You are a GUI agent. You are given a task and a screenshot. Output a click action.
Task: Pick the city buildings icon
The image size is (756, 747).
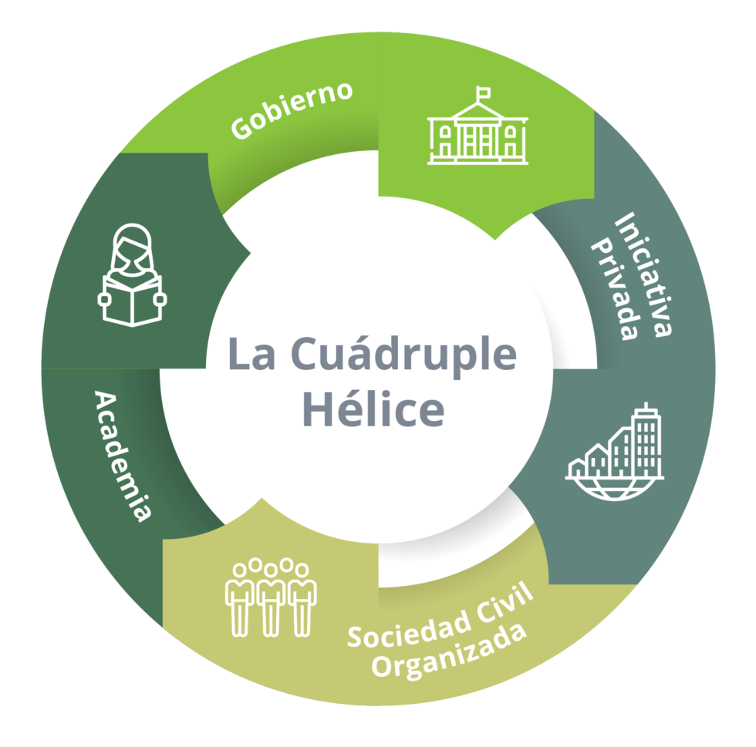[615, 448]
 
